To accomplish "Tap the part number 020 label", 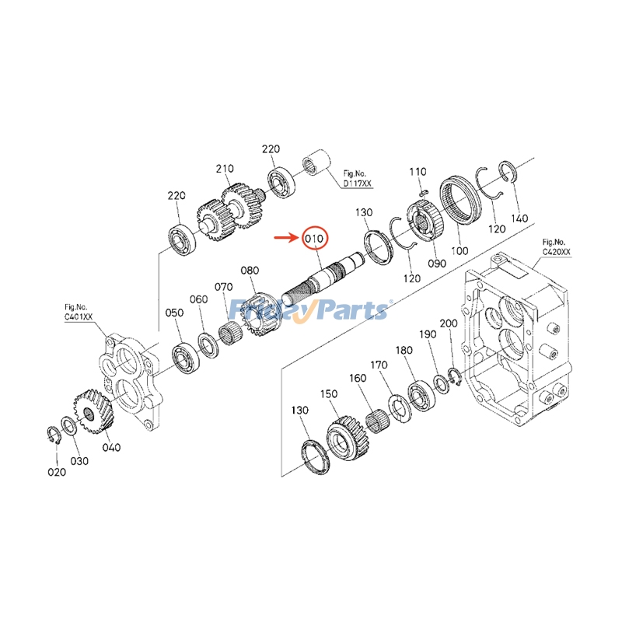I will [x=56, y=471].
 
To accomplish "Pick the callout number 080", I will [x=250, y=271].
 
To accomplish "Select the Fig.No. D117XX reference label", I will [x=357, y=179].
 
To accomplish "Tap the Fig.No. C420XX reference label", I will [x=557, y=246].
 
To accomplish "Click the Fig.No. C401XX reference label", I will [x=79, y=313].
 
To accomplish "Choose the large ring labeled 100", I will [x=458, y=201].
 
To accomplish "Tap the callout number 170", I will [x=379, y=365].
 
